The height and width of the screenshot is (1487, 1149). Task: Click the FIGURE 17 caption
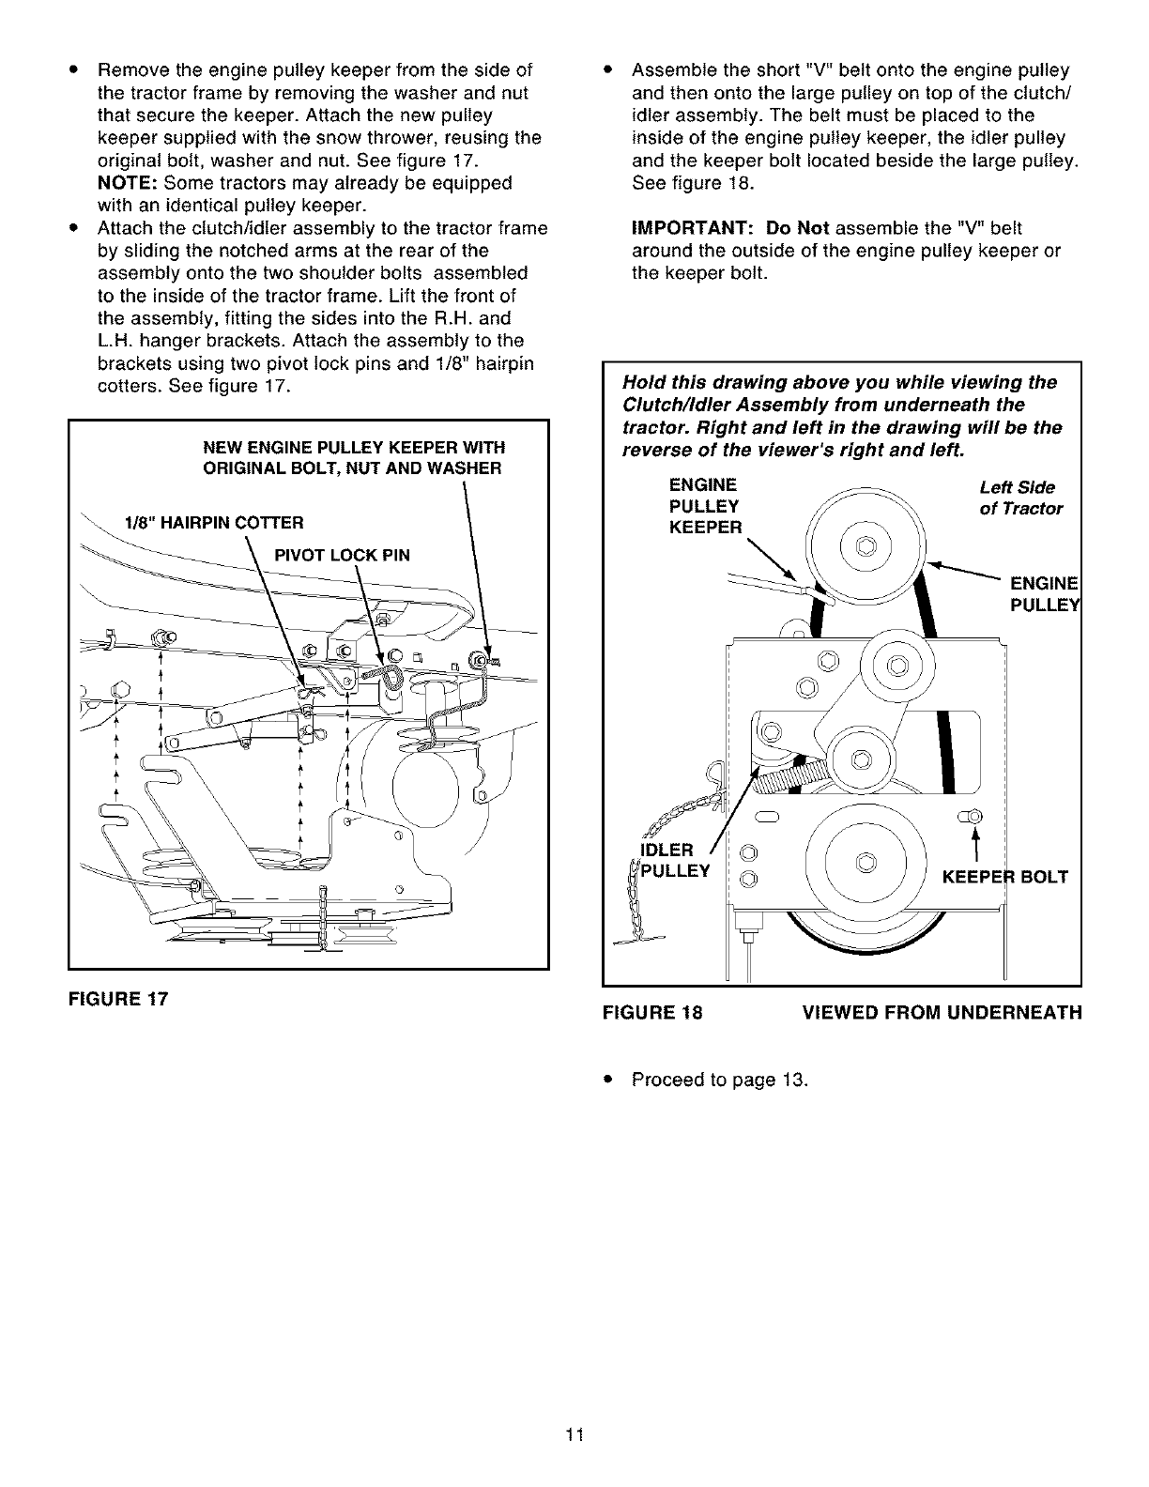point(117,999)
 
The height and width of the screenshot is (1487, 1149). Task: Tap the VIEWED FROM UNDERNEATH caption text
point(942,1013)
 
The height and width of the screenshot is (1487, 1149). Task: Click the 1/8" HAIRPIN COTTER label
point(214,522)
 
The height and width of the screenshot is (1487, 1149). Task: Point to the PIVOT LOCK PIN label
point(342,554)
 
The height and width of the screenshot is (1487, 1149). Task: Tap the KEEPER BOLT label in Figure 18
point(1004,878)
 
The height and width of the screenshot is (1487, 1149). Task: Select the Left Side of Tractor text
point(1020,498)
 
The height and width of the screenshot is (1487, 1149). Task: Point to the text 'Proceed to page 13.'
point(719,1079)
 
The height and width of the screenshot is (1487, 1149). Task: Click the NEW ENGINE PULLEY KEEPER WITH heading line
point(355,447)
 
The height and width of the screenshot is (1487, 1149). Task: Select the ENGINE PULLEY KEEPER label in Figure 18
point(704,506)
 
